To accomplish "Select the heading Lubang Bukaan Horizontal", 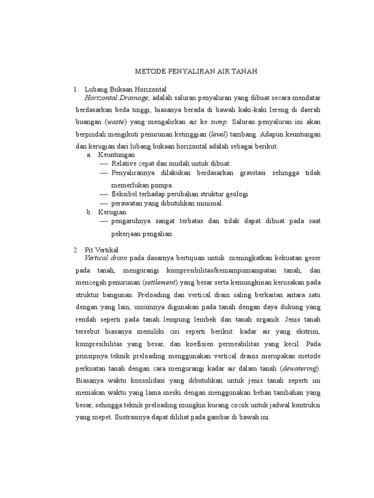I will click(x=126, y=90).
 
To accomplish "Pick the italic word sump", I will click(x=221, y=122).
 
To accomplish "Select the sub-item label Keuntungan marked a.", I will click(x=116, y=155).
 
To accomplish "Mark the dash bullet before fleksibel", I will click(x=104, y=194).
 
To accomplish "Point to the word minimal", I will click(x=210, y=203).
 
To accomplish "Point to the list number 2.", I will click(x=76, y=249).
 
